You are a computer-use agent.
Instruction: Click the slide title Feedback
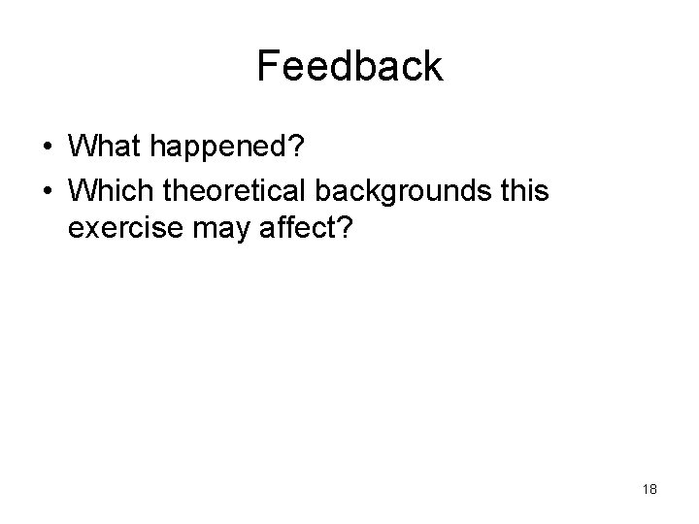point(349,66)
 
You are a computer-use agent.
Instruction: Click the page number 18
point(649,489)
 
